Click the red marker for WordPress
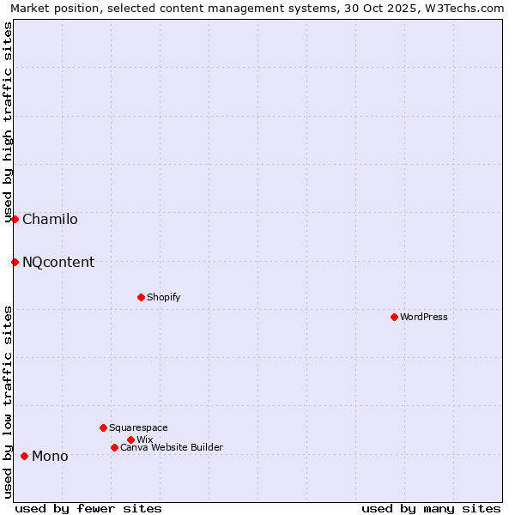click(x=394, y=317)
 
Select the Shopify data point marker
click(x=141, y=297)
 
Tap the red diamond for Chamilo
click(x=15, y=219)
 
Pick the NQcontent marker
click(x=15, y=262)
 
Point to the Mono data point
click(x=24, y=456)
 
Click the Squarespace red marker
click(x=103, y=427)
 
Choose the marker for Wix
click(x=130, y=439)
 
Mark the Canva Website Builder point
click(x=114, y=447)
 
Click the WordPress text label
click(x=424, y=317)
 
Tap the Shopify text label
click(x=163, y=297)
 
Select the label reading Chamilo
click(x=50, y=219)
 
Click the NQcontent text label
click(x=58, y=262)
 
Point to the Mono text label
click(x=50, y=456)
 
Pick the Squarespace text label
click(x=138, y=427)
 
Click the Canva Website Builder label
click(x=172, y=447)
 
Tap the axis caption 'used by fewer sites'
click(x=88, y=508)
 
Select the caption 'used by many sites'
click(x=431, y=508)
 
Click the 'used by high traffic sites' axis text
click(x=8, y=120)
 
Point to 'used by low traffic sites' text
click(x=8, y=401)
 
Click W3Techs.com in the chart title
click(x=468, y=8)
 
